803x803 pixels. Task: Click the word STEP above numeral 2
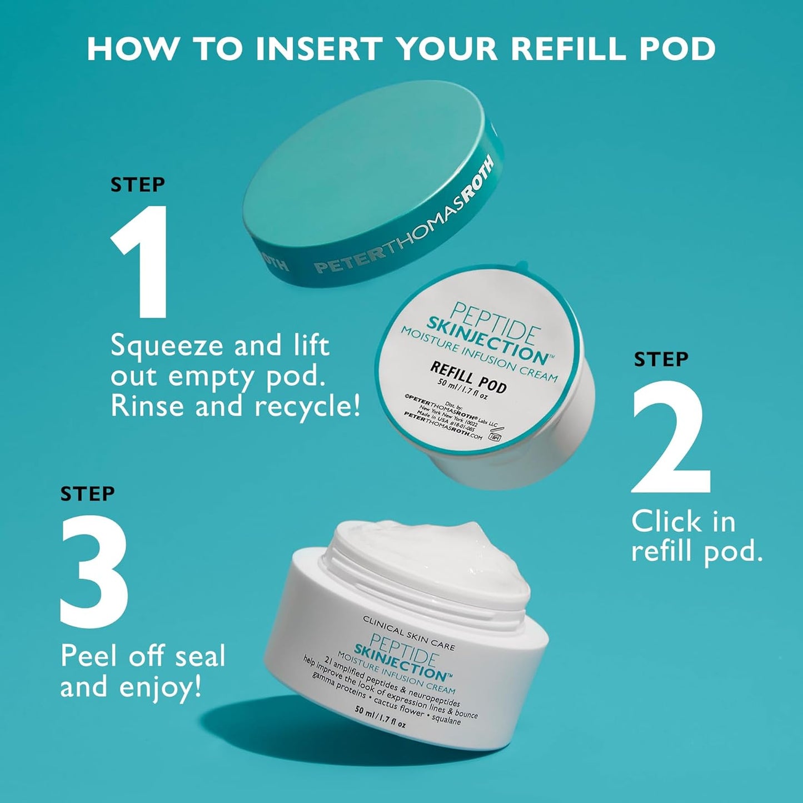[661, 360]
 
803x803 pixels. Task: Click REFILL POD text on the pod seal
[468, 377]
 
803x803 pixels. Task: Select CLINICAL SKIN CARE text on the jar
[408, 632]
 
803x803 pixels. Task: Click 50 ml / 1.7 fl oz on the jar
[380, 718]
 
